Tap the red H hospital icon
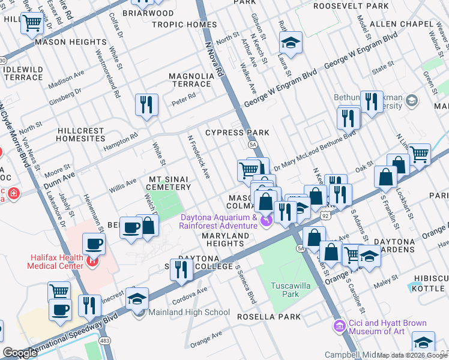tap(92, 261)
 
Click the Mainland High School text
tap(188, 312)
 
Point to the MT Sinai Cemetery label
tap(169, 183)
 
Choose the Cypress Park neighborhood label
tap(237, 132)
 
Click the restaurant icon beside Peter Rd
tap(146, 106)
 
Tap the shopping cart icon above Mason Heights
tap(32, 24)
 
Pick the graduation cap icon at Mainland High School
tap(137, 299)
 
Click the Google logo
tap(20, 353)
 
